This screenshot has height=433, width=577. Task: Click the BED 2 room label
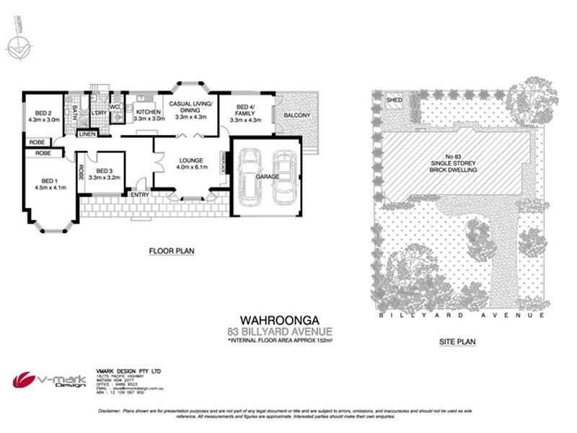(39, 113)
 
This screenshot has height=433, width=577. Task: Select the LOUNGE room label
(191, 160)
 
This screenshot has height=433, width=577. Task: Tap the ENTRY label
(138, 194)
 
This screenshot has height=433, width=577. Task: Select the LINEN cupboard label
(87, 135)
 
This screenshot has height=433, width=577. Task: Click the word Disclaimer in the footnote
(110, 411)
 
